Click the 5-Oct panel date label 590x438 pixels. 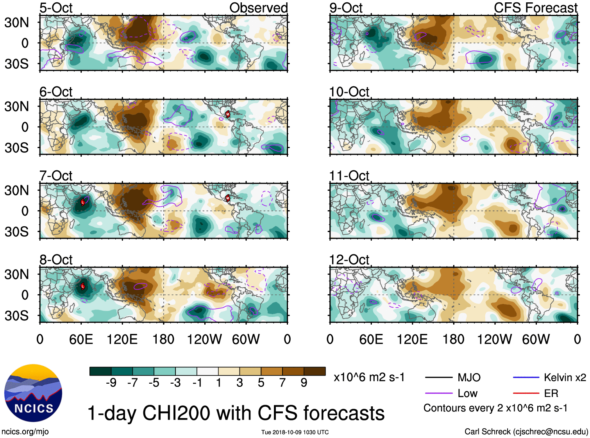tap(56, 8)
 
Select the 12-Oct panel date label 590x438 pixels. tap(349, 260)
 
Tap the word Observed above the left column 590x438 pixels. tap(258, 8)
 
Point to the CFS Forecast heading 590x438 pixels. tap(535, 8)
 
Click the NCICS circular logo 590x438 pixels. tap(33, 393)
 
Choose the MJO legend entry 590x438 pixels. tap(469, 377)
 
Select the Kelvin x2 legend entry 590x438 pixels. tap(565, 377)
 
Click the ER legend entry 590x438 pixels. tap(551, 393)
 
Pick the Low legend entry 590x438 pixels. tap(467, 393)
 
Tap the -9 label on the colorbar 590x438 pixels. tap(111, 383)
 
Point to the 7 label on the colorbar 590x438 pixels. tap(282, 383)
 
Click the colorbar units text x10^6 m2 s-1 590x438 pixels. tap(369, 377)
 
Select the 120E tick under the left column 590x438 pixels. tap(122, 339)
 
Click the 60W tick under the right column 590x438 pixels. tap(536, 339)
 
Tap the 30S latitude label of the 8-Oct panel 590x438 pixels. tap(17, 315)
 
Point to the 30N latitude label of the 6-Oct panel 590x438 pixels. tap(17, 106)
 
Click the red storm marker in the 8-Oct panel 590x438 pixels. tap(83, 286)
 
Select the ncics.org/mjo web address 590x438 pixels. tap(25, 432)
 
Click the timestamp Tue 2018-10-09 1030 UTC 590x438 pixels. tap(295, 432)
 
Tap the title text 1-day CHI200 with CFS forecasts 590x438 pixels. tap(236, 413)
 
